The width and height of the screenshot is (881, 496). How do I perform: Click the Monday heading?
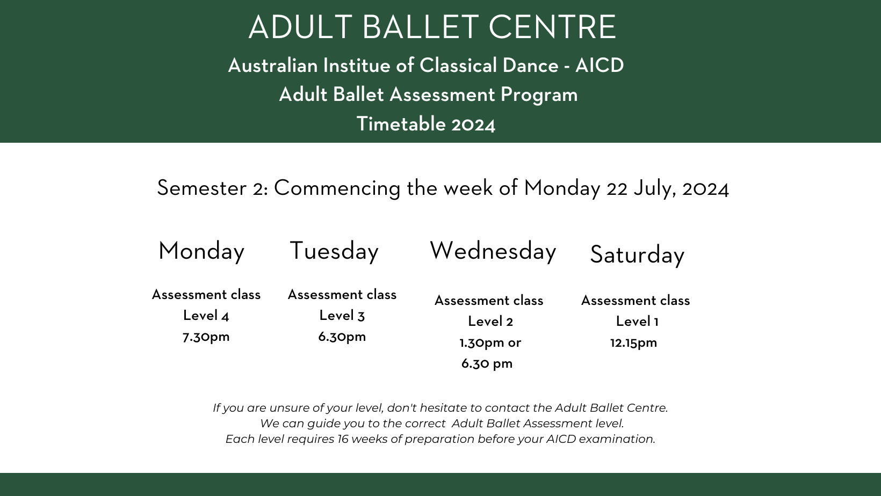[201, 251]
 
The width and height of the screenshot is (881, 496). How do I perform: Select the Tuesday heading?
[334, 251]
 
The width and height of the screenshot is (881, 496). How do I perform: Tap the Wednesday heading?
[493, 251]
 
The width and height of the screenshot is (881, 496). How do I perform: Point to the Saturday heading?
[637, 254]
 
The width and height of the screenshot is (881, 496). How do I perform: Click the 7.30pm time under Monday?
[206, 337]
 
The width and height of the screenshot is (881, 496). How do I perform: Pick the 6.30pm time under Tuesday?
[342, 337]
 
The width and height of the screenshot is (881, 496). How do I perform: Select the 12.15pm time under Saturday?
[633, 342]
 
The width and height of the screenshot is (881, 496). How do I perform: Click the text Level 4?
[206, 316]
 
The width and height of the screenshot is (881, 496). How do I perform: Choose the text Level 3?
[342, 316]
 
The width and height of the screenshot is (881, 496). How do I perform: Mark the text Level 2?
[490, 322]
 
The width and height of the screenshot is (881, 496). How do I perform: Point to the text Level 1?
[637, 322]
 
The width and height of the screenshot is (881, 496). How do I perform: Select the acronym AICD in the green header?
[600, 65]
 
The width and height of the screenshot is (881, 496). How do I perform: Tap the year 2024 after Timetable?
[473, 125]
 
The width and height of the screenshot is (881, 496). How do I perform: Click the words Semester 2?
[212, 188]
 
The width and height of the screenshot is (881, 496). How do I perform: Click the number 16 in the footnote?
[343, 439]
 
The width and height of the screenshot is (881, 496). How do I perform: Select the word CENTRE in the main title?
[552, 27]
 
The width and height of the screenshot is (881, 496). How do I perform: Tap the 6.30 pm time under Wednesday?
[487, 364]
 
